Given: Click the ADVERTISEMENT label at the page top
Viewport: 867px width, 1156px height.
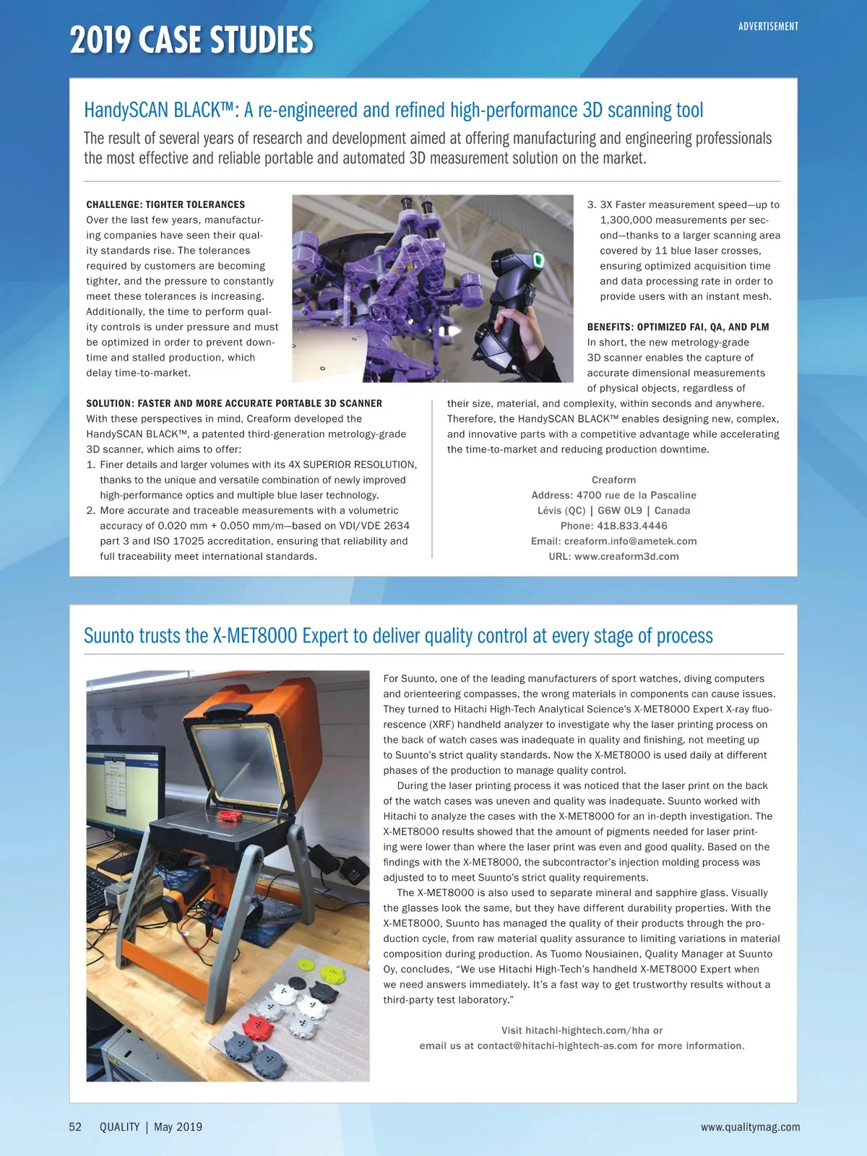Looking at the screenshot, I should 768,27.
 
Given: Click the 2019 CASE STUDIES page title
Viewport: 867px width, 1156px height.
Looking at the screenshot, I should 191,40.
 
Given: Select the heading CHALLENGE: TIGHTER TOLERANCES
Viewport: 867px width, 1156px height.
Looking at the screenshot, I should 165,204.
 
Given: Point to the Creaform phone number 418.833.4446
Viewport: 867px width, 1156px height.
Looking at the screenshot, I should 632,526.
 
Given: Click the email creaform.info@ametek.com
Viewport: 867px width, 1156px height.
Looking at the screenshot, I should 630,541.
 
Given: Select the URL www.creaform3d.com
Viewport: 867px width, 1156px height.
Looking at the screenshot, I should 626,556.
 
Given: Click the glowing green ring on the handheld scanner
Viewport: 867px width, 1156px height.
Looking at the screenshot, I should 538,260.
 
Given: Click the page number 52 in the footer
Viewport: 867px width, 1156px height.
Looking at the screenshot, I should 75,1127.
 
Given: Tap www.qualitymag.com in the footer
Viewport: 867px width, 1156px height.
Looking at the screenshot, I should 750,1127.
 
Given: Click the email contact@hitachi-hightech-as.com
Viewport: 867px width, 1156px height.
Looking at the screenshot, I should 557,1045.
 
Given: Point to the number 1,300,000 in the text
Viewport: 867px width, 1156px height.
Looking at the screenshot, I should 630,220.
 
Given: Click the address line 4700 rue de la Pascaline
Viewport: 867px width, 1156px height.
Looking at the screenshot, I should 636,496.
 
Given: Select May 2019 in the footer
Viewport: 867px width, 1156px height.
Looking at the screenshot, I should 178,1127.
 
